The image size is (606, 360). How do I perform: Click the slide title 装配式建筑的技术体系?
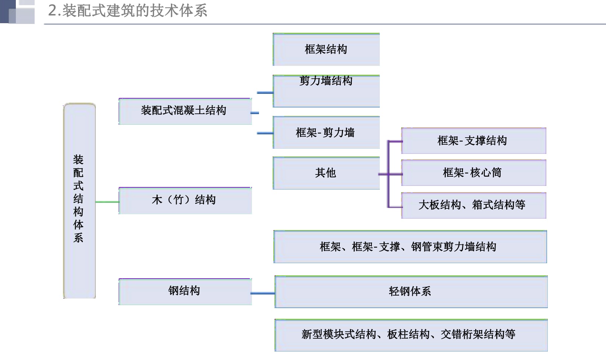pyautogui.click(x=127, y=11)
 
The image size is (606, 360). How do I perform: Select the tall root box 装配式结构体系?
pyautogui.click(x=79, y=201)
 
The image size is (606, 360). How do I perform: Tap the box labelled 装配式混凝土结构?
pyautogui.click(x=185, y=111)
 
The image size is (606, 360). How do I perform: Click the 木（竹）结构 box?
pyautogui.click(x=185, y=201)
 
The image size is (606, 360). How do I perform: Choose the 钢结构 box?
pyautogui.click(x=185, y=292)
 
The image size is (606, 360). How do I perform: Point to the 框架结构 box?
pyautogui.click(x=326, y=49)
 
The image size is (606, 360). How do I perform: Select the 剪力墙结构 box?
pyautogui.click(x=326, y=91)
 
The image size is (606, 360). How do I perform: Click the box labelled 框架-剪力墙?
pyautogui.click(x=326, y=133)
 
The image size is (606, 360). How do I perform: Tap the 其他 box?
pyautogui.click(x=326, y=173)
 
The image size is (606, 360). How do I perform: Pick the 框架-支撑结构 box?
pyautogui.click(x=473, y=141)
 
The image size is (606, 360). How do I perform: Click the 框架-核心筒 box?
pyautogui.click(x=473, y=173)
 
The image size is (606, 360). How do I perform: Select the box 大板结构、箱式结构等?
pyautogui.click(x=473, y=205)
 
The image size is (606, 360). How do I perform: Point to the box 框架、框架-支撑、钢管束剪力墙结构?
pyautogui.click(x=410, y=247)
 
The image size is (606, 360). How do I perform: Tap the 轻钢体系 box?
pyautogui.click(x=411, y=292)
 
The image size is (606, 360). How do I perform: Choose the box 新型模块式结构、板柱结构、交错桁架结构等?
pyautogui.click(x=411, y=335)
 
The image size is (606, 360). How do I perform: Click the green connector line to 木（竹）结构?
pyautogui.click(x=107, y=202)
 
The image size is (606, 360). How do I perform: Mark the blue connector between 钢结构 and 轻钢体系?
pyautogui.click(x=263, y=293)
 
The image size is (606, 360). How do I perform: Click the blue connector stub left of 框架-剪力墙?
pyautogui.click(x=265, y=133)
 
